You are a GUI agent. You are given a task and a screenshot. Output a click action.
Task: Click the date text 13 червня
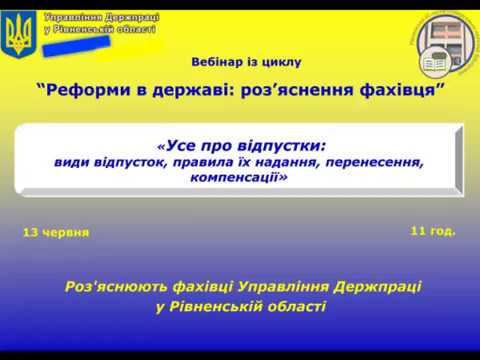point(55,232)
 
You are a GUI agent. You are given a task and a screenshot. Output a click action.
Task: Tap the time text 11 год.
point(432,230)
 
